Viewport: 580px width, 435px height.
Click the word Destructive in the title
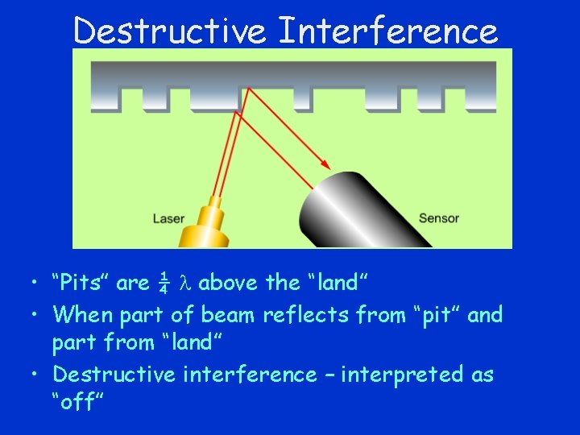coord(170,31)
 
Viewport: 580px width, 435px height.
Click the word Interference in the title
coord(387,31)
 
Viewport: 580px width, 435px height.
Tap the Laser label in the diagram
coord(169,218)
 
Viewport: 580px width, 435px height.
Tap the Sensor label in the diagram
coord(439,218)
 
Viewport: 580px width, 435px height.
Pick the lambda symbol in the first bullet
coord(184,283)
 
